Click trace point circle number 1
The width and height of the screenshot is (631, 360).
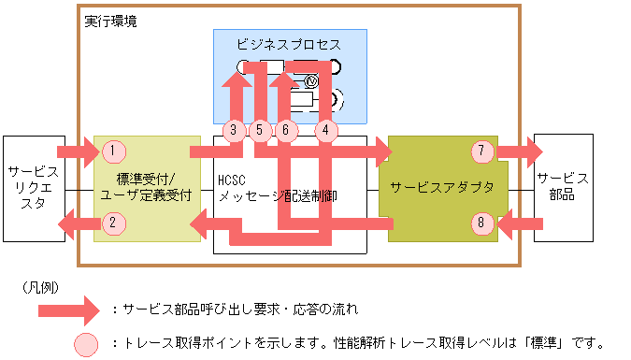click(113, 151)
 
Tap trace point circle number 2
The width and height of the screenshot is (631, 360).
click(113, 223)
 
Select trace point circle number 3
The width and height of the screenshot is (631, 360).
click(236, 131)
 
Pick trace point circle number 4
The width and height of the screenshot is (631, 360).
click(324, 131)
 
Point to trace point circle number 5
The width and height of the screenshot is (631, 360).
click(261, 131)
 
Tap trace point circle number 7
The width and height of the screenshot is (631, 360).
click(481, 151)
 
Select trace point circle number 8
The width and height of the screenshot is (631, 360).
click(481, 223)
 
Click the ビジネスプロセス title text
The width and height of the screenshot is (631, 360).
click(290, 44)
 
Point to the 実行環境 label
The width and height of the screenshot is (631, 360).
click(110, 21)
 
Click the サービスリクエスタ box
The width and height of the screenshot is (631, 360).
click(33, 188)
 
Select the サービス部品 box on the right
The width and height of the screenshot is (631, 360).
click(563, 187)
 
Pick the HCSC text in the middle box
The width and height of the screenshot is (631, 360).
click(231, 180)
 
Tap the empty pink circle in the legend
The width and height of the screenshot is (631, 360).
click(88, 343)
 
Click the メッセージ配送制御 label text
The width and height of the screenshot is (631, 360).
click(278, 197)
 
